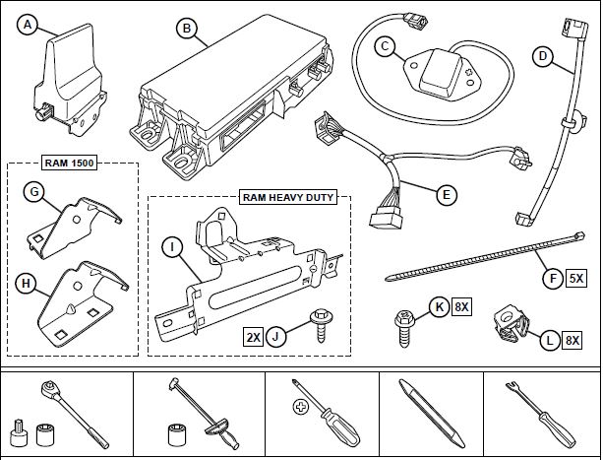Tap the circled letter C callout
(x=387, y=44)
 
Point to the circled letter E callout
(x=447, y=195)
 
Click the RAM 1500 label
(x=72, y=164)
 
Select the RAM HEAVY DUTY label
(x=287, y=197)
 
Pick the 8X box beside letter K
(x=461, y=308)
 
